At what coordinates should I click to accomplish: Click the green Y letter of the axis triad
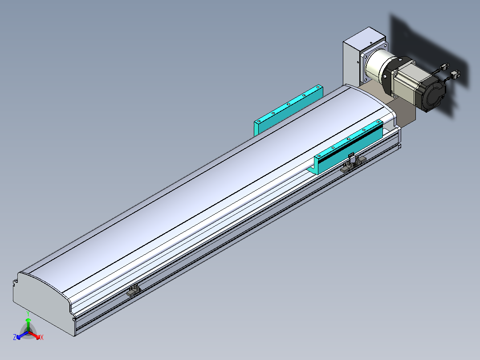[28, 314]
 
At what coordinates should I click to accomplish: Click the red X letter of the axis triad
[42, 337]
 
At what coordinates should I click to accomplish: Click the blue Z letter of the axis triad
[15, 337]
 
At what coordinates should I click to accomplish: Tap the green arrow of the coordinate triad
[28, 324]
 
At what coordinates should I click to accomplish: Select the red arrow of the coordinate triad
[34, 335]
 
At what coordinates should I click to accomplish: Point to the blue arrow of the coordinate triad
[22, 335]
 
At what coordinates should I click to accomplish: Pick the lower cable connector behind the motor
[456, 74]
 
